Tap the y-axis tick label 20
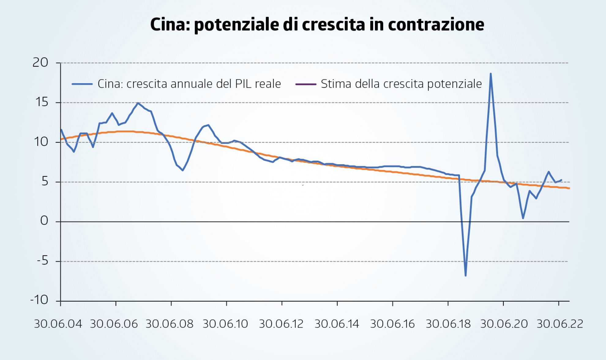point(40,63)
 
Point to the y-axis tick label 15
point(42,102)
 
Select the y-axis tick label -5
point(43,261)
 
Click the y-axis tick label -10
point(39,300)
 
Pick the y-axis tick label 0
point(44,221)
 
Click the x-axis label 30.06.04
point(58,324)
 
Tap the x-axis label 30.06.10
point(225,324)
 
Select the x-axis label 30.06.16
point(392,324)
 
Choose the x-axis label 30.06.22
point(560,324)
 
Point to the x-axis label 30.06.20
point(504,324)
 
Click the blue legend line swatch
point(82,84)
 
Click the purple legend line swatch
point(306,84)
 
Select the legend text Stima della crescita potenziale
point(401,84)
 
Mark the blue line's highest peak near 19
point(491,74)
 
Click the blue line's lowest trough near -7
point(466,276)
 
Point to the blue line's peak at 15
point(138,103)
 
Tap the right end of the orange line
point(569,188)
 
